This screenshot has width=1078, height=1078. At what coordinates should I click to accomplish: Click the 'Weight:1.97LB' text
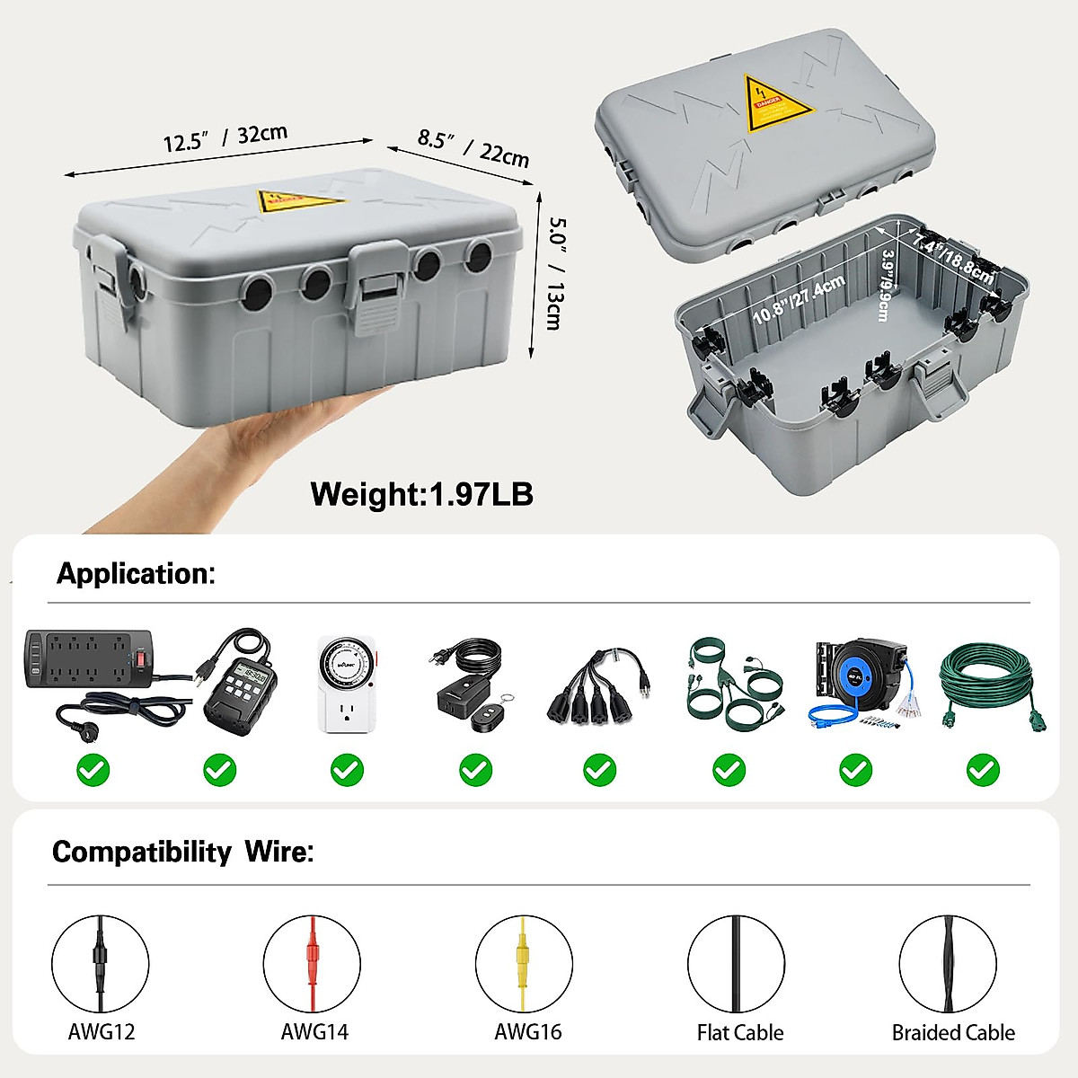(421, 494)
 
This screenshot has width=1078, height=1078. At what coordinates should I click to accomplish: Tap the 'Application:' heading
(136, 573)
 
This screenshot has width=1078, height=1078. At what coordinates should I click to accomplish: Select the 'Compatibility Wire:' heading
(182, 852)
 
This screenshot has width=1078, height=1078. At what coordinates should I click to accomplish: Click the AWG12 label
(101, 1031)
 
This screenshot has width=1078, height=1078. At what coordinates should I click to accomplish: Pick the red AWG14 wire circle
(312, 964)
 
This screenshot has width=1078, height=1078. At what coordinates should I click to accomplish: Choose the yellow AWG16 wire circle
(524, 964)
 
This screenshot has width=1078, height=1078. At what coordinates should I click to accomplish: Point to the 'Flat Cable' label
(740, 1032)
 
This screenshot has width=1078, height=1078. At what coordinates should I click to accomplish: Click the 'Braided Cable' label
(953, 1032)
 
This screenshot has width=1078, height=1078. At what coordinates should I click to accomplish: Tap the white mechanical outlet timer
(347, 685)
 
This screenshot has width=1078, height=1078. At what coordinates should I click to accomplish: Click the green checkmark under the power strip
(93, 770)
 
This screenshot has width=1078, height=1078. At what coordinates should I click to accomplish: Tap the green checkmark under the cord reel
(855, 770)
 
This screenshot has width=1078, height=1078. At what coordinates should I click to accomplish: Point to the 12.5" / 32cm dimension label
(225, 138)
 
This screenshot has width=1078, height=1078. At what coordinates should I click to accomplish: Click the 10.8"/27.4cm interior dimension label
(799, 300)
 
